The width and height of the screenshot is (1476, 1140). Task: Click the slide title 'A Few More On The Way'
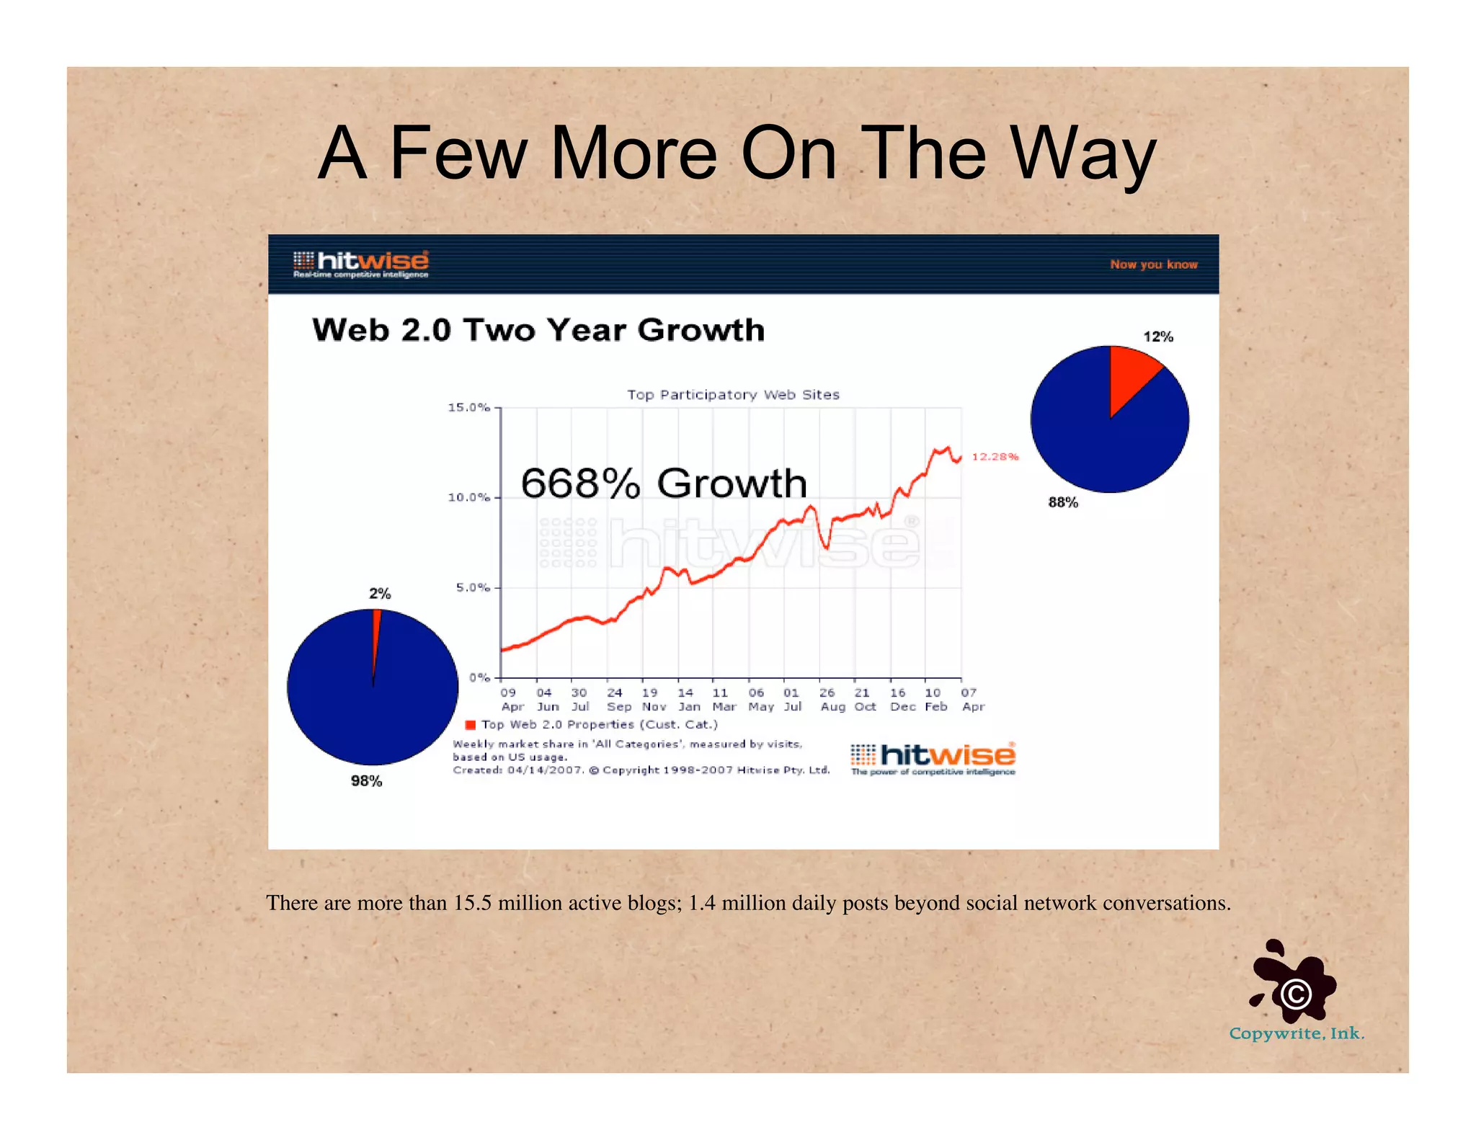click(737, 153)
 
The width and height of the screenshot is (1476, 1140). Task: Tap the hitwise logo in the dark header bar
click(361, 264)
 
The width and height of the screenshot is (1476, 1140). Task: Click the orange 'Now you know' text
click(1153, 264)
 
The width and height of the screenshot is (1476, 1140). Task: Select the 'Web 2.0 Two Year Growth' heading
click(538, 330)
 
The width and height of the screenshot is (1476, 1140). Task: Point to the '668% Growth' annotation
click(663, 483)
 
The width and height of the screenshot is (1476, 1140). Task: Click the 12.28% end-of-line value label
click(995, 457)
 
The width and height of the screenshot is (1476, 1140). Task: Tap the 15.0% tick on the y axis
click(469, 408)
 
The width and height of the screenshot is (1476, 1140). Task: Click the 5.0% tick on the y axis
click(472, 588)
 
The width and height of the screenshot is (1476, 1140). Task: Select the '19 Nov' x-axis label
click(652, 700)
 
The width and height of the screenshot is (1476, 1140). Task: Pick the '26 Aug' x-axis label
click(832, 700)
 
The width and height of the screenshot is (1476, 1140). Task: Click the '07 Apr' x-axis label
click(972, 700)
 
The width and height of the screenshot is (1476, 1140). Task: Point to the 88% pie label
click(1063, 502)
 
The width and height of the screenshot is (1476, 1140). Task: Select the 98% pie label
click(366, 781)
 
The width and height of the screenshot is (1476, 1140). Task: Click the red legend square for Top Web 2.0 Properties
click(471, 725)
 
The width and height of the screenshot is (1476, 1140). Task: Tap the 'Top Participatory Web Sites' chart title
click(732, 395)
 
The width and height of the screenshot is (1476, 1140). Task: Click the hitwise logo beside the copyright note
click(933, 759)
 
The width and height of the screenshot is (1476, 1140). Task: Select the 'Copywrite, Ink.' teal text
click(1296, 1033)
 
